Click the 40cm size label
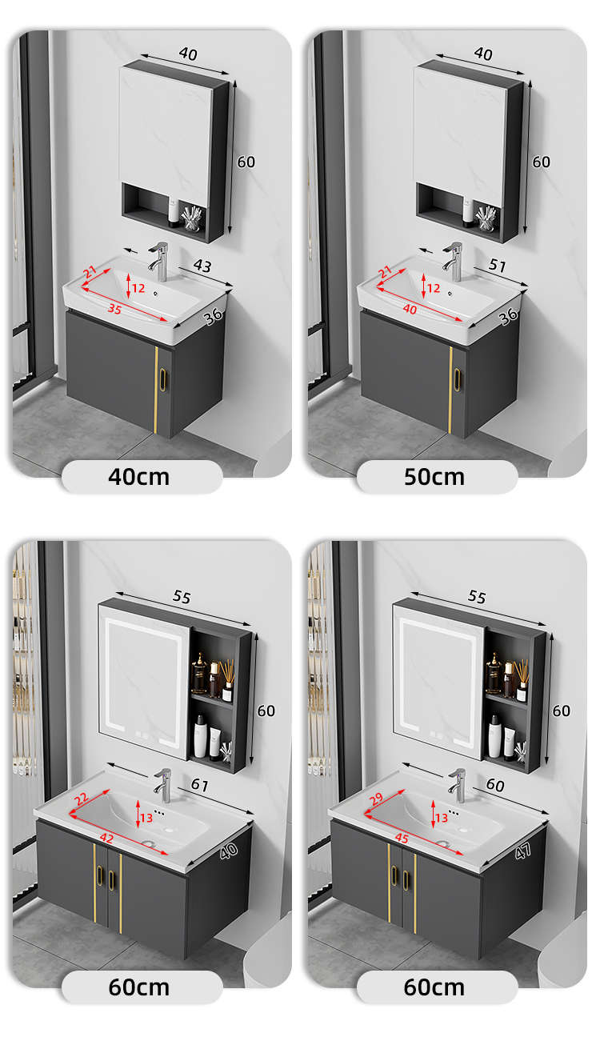[138, 477]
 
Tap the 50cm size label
[434, 477]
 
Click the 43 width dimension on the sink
[202, 266]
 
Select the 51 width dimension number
[497, 266]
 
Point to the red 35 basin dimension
[114, 309]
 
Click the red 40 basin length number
[410, 309]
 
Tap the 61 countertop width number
[200, 784]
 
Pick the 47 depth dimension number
[522, 851]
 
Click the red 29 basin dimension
[376, 799]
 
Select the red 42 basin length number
[106, 838]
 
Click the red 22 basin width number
[81, 799]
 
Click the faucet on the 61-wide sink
[162, 785]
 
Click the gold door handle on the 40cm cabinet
[162, 379]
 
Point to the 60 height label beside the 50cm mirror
[541, 162]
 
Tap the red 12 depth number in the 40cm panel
[138, 288]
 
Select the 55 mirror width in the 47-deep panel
[477, 597]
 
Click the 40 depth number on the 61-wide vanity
[229, 851]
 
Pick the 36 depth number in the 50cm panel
[509, 317]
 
